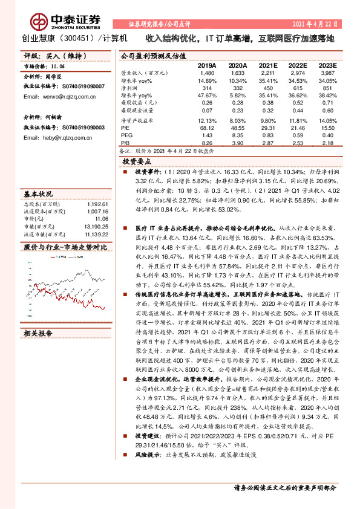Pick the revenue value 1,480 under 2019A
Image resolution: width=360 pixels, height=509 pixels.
point(208,72)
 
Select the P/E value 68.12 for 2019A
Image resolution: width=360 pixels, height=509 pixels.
point(208,128)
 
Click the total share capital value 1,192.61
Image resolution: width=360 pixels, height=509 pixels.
point(97,204)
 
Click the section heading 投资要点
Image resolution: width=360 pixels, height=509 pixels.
point(137,162)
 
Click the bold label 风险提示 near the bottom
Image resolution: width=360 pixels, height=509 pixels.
point(146,469)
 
